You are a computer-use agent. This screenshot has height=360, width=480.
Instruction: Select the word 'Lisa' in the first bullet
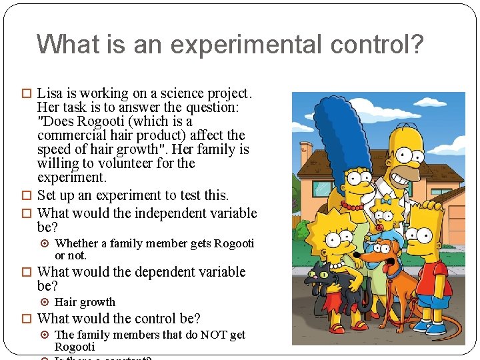[51, 93]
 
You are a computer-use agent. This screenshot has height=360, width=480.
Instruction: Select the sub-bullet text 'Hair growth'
[85, 302]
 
